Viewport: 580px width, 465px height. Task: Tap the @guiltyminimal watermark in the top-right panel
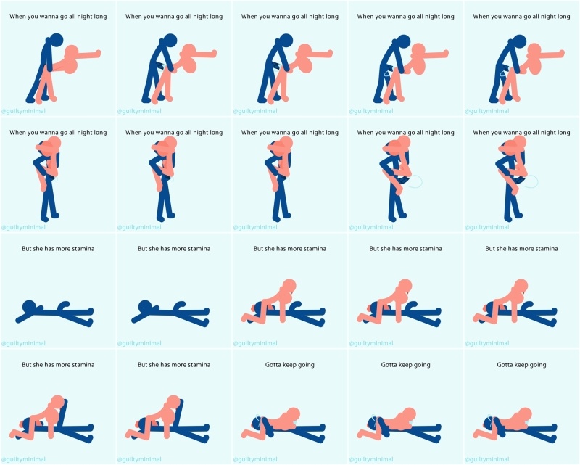click(486, 111)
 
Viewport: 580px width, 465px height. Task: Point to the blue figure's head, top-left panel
click(57, 40)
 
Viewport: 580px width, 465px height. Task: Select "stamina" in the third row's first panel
click(83, 248)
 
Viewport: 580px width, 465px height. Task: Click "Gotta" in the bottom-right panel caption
click(505, 365)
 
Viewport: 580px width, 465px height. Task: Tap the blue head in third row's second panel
click(144, 307)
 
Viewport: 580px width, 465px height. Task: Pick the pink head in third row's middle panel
click(289, 286)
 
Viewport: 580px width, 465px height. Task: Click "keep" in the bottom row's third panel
click(289, 365)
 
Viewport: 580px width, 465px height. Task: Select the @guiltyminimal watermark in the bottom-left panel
click(23, 459)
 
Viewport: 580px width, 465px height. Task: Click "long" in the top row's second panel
click(216, 17)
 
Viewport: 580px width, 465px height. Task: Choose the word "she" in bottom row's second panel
click(154, 365)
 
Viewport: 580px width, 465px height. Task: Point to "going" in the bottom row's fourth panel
click(422, 365)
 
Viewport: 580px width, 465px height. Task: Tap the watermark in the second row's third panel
click(255, 227)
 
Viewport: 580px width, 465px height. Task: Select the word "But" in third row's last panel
click(491, 248)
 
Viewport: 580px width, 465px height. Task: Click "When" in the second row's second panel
click(133, 133)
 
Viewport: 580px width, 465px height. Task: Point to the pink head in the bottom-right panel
click(525, 415)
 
